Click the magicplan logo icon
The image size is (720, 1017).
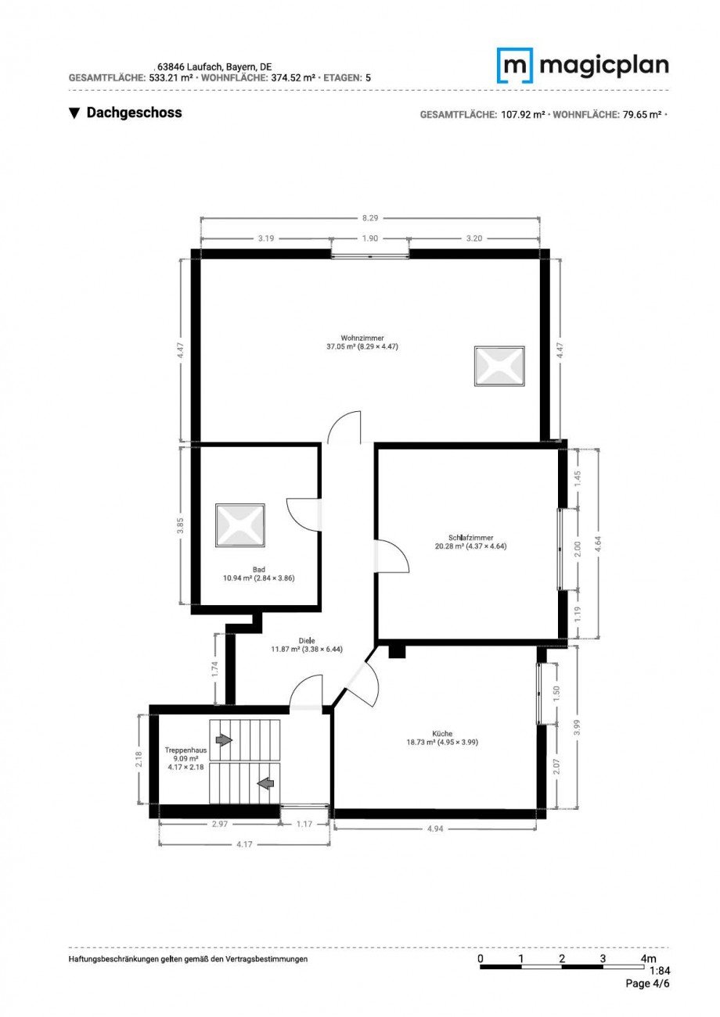click(514, 66)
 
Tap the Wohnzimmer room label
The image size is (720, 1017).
click(362, 338)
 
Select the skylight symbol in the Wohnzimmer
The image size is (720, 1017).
click(499, 366)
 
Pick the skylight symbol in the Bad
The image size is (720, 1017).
click(240, 525)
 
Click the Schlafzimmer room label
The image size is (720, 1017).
click(470, 538)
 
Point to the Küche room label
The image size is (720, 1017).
click(442, 733)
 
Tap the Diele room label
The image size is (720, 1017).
click(307, 640)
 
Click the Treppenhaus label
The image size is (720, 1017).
click(185, 750)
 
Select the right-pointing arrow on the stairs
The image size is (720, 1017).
click(224, 740)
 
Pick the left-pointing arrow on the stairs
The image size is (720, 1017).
click(266, 782)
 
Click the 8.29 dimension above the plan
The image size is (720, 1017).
click(370, 218)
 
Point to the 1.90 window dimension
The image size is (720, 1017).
click(370, 238)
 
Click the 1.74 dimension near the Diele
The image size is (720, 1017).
click(215, 668)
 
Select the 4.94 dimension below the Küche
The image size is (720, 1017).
click(435, 829)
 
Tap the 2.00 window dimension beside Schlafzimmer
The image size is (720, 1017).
click(578, 549)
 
